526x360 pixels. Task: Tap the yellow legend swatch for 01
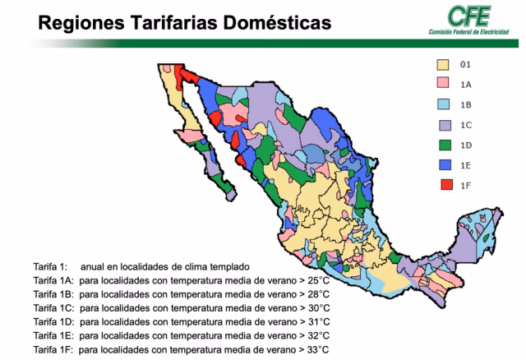(x=442, y=63)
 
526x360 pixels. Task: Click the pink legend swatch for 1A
(x=442, y=83)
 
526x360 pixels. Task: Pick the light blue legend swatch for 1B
(x=442, y=104)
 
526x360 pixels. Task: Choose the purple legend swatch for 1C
(x=442, y=124)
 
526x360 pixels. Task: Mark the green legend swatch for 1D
(x=442, y=145)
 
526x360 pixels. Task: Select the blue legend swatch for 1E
(x=442, y=164)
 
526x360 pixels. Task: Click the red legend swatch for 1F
(x=442, y=185)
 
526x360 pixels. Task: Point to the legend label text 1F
(x=466, y=186)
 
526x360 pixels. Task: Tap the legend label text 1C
(x=466, y=125)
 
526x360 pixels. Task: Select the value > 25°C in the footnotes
(x=315, y=281)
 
